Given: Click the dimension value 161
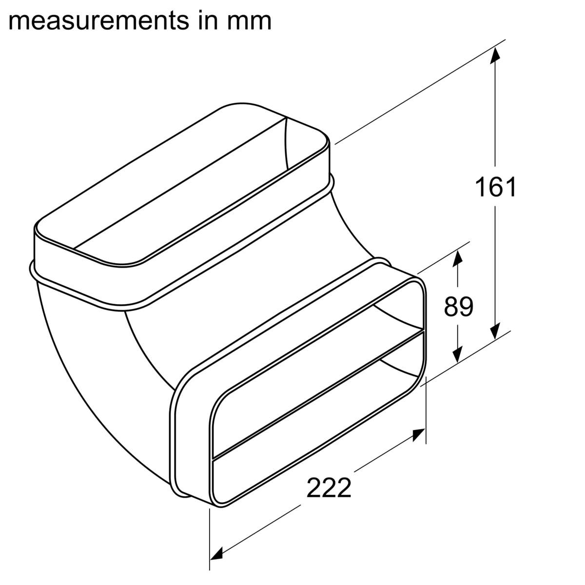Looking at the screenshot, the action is [495, 187].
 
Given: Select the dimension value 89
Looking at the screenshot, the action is [458, 306].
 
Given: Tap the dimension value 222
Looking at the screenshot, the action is [329, 487].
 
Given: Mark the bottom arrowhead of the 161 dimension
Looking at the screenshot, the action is [495, 331].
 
